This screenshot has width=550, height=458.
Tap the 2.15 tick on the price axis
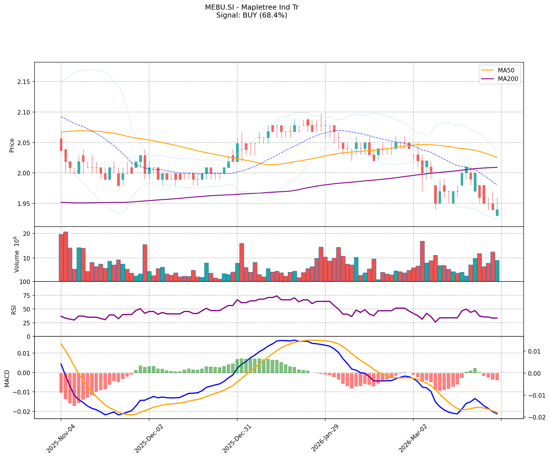[25, 82]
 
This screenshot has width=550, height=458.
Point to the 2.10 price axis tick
[25, 112]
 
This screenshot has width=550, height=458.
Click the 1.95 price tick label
[25, 204]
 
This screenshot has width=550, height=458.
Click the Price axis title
[12, 145]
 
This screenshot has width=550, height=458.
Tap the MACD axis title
[7, 379]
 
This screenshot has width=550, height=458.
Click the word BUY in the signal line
[249, 15]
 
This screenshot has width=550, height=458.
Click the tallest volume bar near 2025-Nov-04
[66, 256]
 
